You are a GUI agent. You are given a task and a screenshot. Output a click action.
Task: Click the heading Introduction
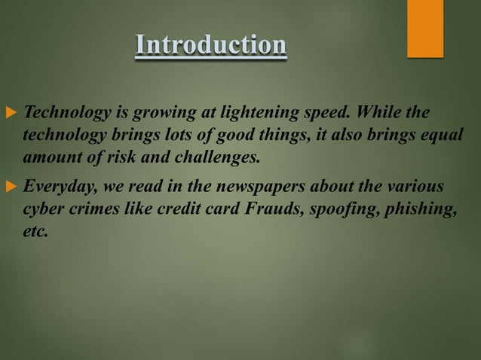(x=210, y=46)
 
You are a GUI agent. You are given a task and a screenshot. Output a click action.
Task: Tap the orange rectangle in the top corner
(x=425, y=28)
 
